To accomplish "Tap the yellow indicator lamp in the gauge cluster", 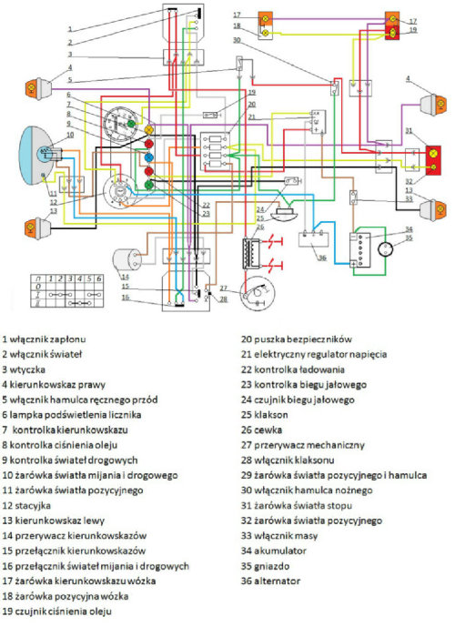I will click(148, 132).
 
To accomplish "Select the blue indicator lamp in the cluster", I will click(148, 171).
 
